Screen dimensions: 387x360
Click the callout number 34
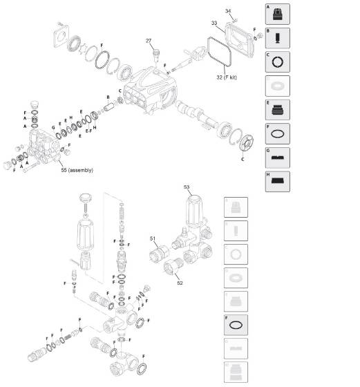(x=229, y=11)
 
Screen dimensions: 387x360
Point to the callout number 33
(x=214, y=23)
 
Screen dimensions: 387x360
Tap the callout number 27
(x=149, y=41)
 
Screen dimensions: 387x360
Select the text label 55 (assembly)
(x=77, y=170)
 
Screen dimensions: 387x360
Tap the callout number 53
(x=187, y=187)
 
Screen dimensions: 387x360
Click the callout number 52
(x=180, y=282)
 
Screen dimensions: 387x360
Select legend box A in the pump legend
(x=278, y=15)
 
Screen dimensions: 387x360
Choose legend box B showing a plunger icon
(x=278, y=38)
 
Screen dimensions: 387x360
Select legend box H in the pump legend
(x=278, y=181)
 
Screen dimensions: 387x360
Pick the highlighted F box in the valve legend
(x=236, y=325)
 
